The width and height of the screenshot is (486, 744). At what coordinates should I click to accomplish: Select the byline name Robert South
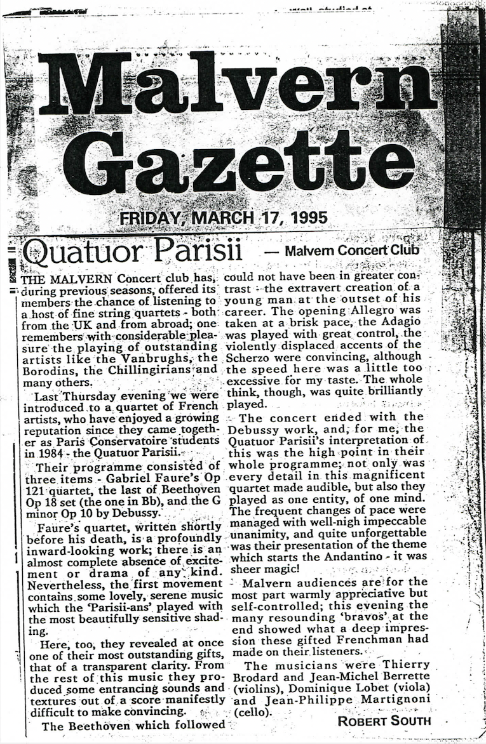[384, 721]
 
